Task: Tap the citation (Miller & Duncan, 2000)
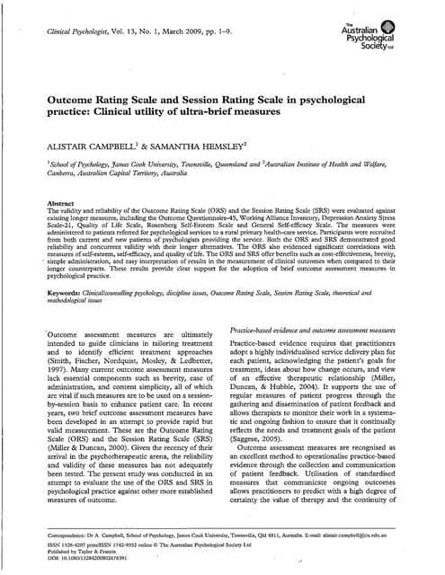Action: pos(90,473)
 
